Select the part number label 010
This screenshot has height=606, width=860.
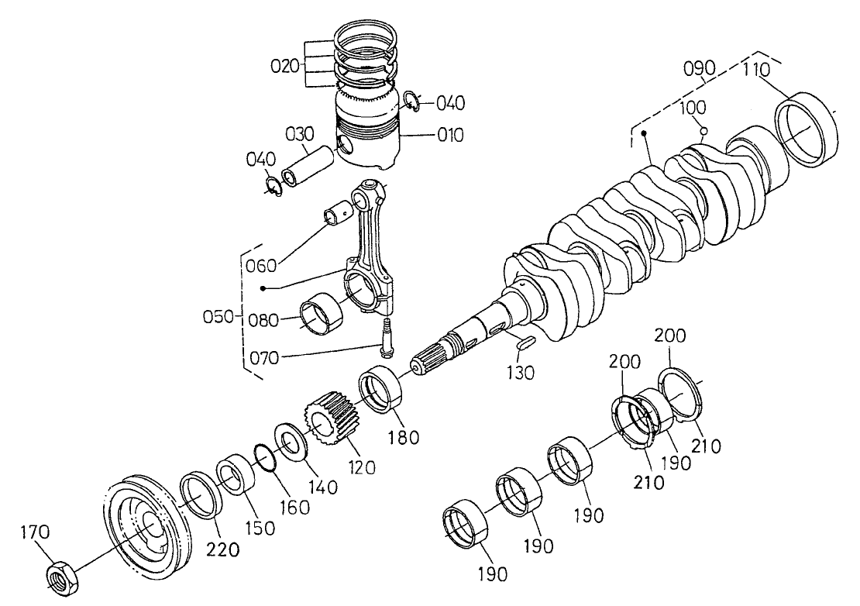449,136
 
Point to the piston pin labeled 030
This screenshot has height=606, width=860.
306,164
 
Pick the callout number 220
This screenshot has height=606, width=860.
222,549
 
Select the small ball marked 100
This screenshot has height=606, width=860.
703,131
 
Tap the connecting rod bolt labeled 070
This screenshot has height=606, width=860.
385,341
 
